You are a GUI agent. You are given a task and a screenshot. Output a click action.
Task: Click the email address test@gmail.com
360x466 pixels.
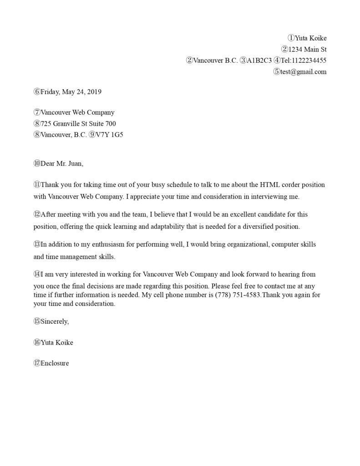(304, 71)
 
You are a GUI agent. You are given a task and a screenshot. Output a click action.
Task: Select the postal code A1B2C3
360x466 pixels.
(259, 60)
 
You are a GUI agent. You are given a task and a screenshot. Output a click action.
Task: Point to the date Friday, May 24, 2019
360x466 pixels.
(71, 92)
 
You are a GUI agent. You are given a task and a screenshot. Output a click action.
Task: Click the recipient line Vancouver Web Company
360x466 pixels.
(77, 112)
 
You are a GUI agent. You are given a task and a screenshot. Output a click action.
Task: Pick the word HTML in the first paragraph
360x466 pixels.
(269, 185)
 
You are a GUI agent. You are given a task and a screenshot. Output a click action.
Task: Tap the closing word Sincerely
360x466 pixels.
(55, 321)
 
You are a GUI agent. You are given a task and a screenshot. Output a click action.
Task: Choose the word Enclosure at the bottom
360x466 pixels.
(55, 363)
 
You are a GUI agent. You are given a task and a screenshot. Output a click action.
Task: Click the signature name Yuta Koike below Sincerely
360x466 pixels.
(57, 343)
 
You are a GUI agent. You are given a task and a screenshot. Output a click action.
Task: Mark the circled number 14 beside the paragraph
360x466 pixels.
(37, 274)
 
